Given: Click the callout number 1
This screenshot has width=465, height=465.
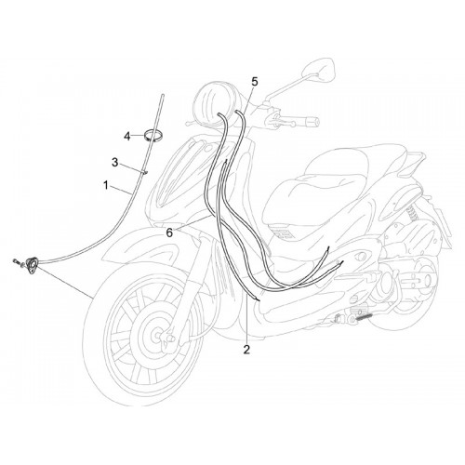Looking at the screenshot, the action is point(106,186).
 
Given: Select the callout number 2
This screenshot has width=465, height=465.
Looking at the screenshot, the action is point(246,350).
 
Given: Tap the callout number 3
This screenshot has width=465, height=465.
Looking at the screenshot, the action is point(115,162).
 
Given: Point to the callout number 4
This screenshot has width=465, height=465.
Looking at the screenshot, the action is point(127,136).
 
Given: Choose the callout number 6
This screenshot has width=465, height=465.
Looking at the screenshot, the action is point(169,233).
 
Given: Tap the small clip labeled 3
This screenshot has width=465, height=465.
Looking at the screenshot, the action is point(145,171).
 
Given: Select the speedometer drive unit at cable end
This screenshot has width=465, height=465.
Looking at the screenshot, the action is point(33,266).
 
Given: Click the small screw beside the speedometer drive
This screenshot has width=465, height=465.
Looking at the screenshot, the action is point(17,262).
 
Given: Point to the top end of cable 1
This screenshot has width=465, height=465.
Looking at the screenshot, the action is point(163,95).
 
